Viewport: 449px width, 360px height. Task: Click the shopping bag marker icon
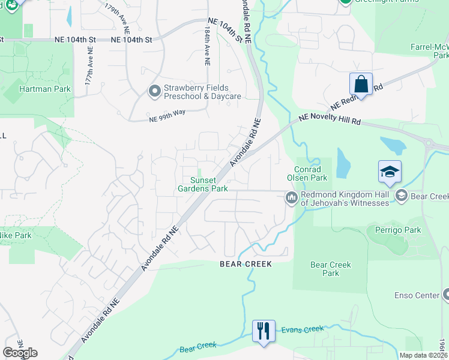tap(361, 84)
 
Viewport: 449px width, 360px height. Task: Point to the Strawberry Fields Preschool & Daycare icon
tap(154, 92)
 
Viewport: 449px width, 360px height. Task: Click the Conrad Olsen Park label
tap(310, 174)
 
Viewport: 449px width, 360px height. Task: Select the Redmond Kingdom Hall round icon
tap(292, 197)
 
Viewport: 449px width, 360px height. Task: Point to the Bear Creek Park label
tap(330, 269)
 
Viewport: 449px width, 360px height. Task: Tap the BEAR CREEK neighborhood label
tap(246, 264)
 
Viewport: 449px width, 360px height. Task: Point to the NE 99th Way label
tap(167, 119)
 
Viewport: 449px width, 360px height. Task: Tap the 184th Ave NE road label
tap(207, 45)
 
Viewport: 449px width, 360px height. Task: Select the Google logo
tap(20, 353)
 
